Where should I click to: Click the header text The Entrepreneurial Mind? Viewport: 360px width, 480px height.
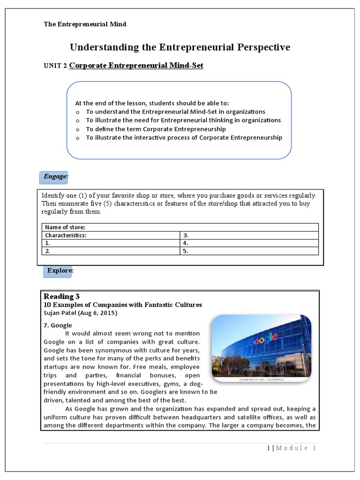(x=85, y=24)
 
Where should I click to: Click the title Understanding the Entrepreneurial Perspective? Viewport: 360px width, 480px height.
(x=180, y=47)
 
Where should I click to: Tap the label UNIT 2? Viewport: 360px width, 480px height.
(x=55, y=66)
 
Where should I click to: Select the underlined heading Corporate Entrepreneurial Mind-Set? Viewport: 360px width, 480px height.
(x=136, y=66)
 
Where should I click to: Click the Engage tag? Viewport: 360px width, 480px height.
(x=56, y=177)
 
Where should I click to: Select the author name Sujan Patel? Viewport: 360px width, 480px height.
(x=80, y=313)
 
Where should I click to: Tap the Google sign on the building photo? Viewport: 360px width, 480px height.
(x=263, y=338)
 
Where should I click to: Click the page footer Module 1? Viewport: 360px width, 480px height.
(x=292, y=448)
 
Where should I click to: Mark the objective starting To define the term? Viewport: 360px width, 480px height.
(x=156, y=129)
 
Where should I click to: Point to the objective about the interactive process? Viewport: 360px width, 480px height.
(x=184, y=137)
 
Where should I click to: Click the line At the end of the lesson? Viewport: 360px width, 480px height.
(x=152, y=103)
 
